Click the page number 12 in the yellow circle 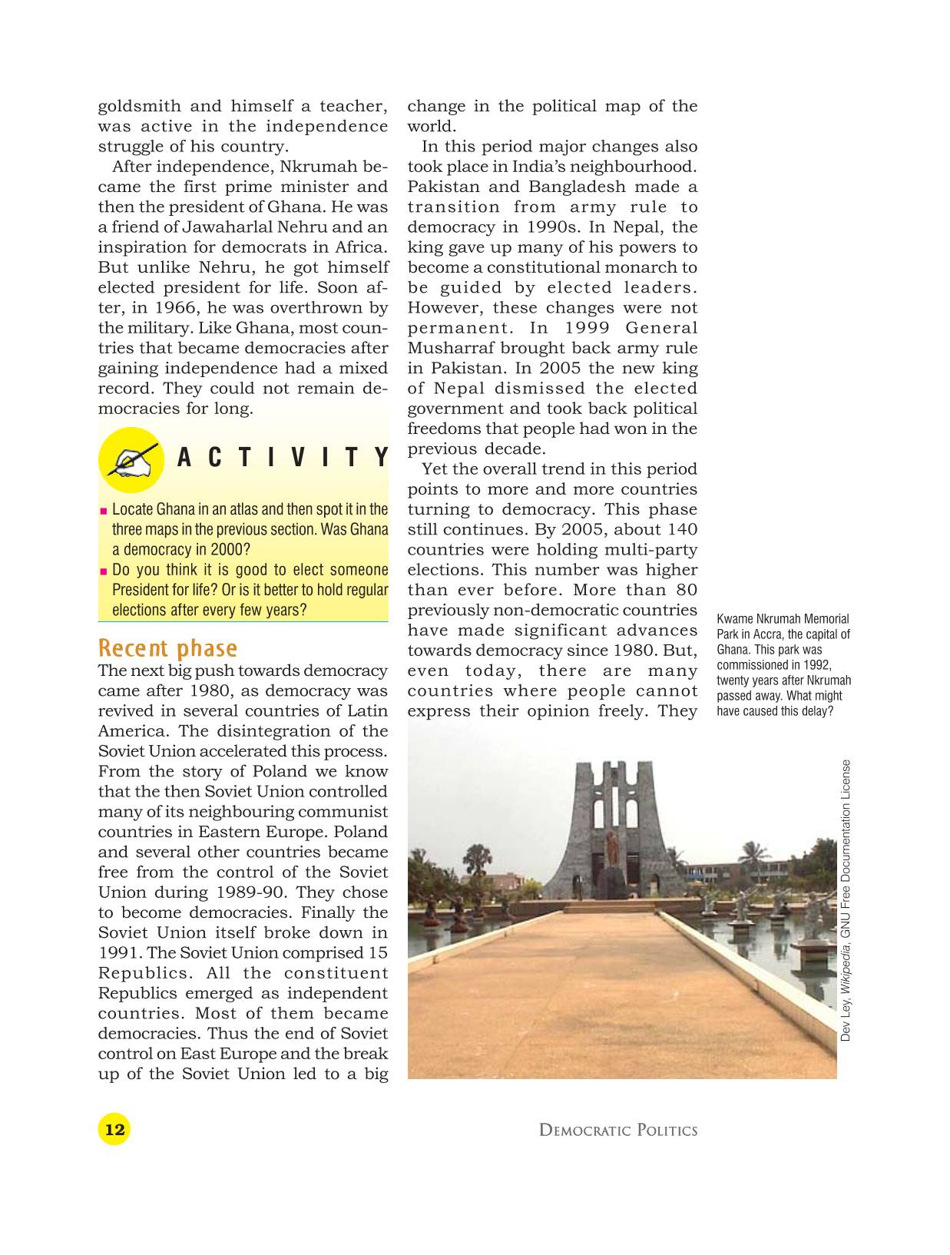[x=114, y=1129]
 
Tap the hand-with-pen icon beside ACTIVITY [x=130, y=459]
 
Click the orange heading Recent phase [x=167, y=648]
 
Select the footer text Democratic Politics [x=618, y=1130]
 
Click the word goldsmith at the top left [x=140, y=107]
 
